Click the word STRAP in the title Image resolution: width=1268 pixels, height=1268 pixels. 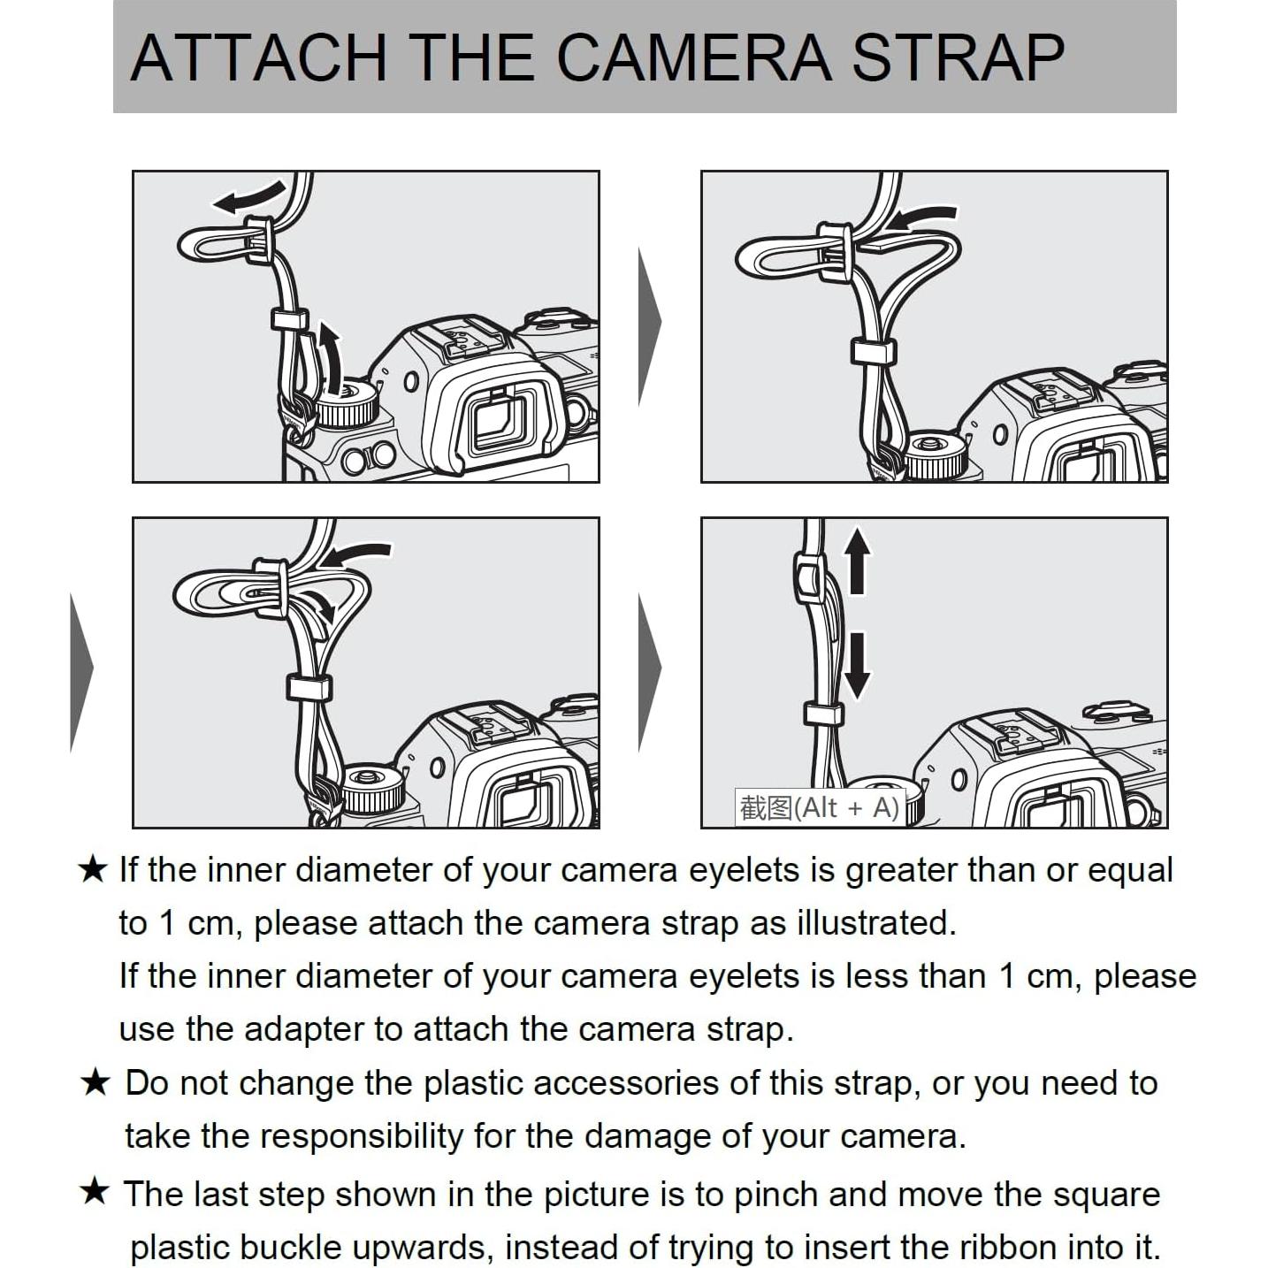[x=958, y=57]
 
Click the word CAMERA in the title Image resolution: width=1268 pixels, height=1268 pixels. [x=694, y=57]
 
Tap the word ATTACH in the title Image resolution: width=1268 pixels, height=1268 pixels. [x=258, y=57]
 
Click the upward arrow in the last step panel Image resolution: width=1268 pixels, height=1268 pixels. [x=857, y=561]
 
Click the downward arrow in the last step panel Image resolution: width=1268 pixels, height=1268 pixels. [x=857, y=665]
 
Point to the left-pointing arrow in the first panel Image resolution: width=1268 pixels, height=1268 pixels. [x=248, y=197]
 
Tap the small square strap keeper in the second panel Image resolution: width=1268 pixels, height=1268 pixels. [x=874, y=352]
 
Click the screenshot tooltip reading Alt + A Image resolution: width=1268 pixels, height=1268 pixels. [x=820, y=807]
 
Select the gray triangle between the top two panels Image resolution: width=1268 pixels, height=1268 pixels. [x=649, y=327]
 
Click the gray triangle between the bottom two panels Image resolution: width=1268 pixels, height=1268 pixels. [x=649, y=672]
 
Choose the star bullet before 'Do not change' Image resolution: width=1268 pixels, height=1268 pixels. [x=95, y=1082]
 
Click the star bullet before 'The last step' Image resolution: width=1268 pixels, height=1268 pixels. [x=95, y=1192]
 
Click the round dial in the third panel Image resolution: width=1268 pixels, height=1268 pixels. [x=372, y=789]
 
